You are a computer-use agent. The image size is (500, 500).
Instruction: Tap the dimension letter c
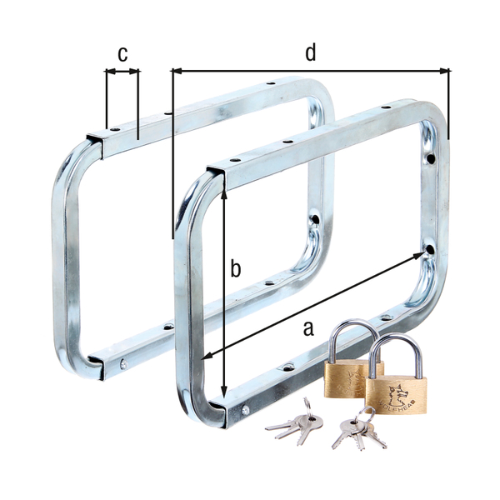pyautogui.click(x=122, y=55)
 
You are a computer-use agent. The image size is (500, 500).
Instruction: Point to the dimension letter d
pyautogui.click(x=310, y=52)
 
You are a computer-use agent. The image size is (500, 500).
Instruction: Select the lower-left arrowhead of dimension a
pyautogui.click(x=208, y=357)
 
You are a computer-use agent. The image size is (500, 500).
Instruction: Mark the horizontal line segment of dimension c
pyautogui.click(x=122, y=72)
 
